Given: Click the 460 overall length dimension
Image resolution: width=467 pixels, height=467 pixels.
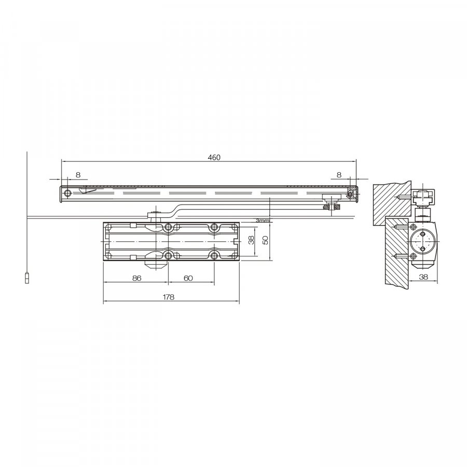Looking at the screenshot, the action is click(x=214, y=157).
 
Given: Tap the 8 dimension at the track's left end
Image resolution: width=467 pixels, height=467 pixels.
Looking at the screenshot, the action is click(x=78, y=175).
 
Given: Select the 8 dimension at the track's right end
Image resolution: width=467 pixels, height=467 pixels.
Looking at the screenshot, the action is click(x=339, y=175).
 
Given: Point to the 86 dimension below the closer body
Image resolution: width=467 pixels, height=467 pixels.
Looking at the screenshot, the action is click(x=136, y=278).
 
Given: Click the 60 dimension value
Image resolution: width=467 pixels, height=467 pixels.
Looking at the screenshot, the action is click(x=188, y=278).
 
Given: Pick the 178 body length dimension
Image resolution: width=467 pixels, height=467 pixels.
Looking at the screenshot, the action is click(x=169, y=297).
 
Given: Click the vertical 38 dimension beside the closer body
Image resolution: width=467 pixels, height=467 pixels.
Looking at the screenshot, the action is click(x=251, y=240).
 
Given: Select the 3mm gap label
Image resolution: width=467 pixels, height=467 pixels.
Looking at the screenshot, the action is click(x=262, y=221).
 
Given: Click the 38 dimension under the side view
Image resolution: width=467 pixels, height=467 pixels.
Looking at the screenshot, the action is click(x=423, y=277).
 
